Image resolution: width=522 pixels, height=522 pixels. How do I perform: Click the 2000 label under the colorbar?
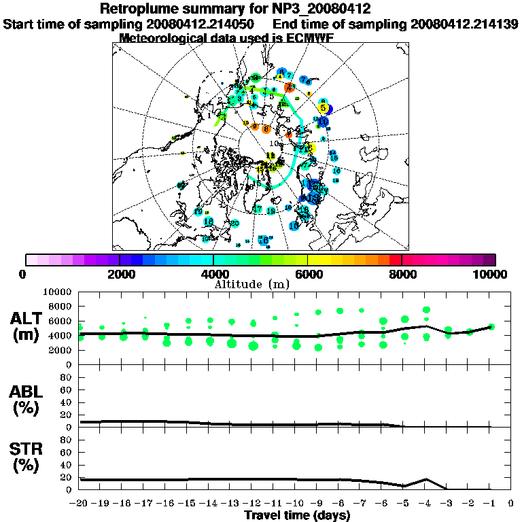click(119, 274)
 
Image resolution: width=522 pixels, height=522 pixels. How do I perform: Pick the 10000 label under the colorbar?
click(491, 274)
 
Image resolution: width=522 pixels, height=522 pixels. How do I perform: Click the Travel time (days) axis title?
click(297, 516)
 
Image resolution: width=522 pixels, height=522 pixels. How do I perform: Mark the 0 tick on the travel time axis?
click(511, 504)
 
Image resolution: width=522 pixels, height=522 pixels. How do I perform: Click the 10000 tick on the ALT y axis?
click(57, 292)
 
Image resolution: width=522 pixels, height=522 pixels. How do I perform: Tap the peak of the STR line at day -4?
click(426, 479)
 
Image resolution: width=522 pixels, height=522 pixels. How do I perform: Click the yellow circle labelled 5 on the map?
click(324, 108)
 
